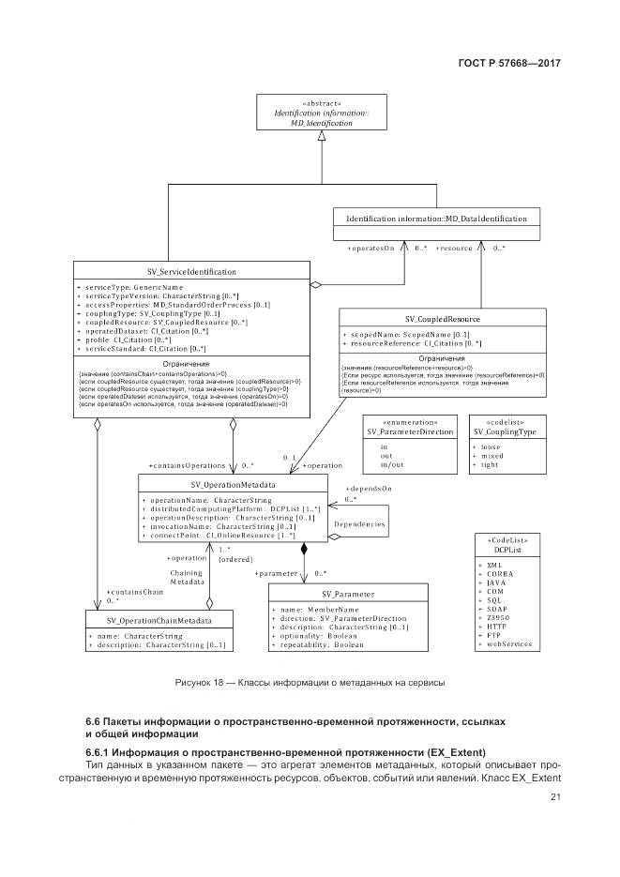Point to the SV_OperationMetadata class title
(x=233, y=485)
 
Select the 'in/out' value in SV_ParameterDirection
(x=391, y=465)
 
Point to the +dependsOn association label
(x=369, y=489)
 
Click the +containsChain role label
(x=135, y=592)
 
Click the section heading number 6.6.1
(x=102, y=754)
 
